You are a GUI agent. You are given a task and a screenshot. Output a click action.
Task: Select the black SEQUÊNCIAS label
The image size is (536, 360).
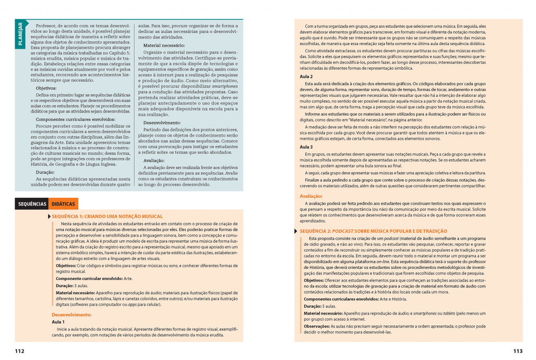(31, 204)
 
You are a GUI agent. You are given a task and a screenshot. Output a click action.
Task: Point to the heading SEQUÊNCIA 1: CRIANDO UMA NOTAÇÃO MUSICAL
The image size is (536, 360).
(107, 216)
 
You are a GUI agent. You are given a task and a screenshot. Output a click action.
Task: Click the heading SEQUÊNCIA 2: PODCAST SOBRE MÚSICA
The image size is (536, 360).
(374, 231)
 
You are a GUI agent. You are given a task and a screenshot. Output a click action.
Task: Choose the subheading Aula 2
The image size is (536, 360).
(306, 76)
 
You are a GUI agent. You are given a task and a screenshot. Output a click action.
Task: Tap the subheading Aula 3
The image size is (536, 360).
(306, 147)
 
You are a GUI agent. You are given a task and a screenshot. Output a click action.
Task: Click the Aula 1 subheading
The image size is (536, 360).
(58, 322)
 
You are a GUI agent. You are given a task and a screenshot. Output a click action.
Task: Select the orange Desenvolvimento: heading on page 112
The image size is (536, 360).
(72, 314)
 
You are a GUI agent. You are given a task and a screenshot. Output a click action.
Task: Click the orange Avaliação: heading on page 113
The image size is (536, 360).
(311, 196)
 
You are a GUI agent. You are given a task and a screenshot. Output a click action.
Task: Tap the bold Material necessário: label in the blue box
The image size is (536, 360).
(164, 46)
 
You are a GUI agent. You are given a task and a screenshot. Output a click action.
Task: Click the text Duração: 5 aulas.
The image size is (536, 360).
(320, 306)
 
